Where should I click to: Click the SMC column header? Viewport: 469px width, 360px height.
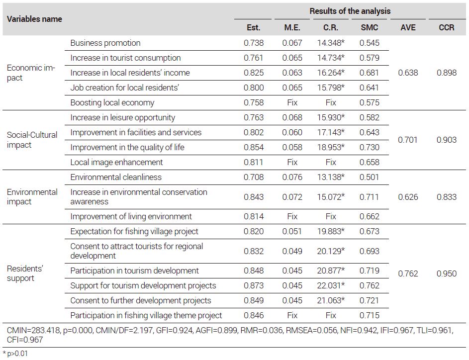[369, 27]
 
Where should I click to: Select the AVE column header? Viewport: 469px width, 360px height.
[408, 27]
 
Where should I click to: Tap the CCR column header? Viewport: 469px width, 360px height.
[446, 27]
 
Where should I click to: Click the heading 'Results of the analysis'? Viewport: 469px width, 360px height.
[350, 11]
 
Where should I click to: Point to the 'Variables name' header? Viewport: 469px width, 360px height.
[34, 19]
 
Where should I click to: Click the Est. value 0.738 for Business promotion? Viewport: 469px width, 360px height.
[253, 43]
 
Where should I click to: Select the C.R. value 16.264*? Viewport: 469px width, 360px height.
[331, 73]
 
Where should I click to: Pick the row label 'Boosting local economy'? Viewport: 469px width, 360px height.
[112, 102]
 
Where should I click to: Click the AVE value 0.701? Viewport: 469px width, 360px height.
[407, 140]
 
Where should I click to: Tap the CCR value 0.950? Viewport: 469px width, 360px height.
[446, 273]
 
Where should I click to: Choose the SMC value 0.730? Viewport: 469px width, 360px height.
[369, 147]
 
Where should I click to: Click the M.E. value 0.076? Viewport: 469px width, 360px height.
[292, 177]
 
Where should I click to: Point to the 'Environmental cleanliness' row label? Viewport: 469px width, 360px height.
[116, 177]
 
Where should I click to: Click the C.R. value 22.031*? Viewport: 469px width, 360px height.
[331, 285]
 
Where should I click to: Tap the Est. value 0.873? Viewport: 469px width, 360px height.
[253, 285]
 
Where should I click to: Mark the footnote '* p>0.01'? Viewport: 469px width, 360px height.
[15, 354]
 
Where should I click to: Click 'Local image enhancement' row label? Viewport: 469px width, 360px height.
[116, 162]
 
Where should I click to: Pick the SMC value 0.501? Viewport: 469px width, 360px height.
[369, 177]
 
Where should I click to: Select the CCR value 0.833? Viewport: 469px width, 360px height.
[446, 197]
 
